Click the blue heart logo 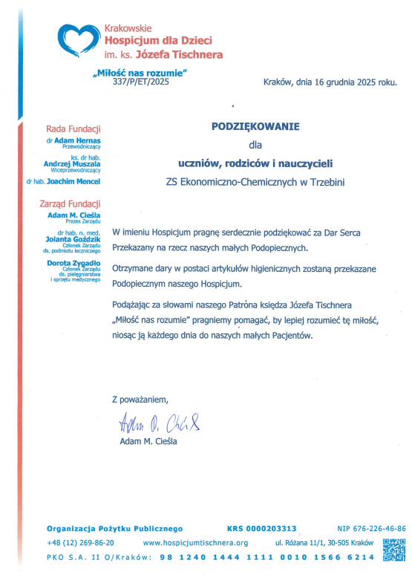pos(79,39)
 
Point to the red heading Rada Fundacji pos(73,128)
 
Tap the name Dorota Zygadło pos(73,264)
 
